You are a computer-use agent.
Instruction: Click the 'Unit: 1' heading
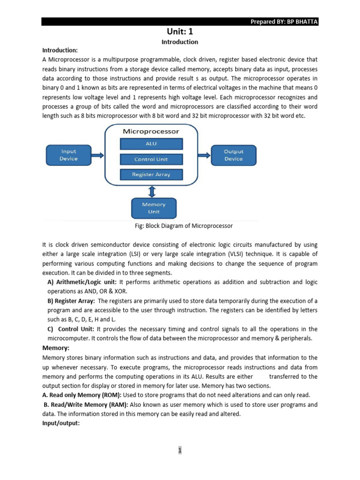180,31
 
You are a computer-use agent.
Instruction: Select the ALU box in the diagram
151,144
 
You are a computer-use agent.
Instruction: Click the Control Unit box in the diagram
151,159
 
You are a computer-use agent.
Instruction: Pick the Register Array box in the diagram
151,174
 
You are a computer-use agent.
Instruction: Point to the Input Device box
68,155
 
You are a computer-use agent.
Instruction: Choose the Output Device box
233,155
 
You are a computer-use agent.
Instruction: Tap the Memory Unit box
154,208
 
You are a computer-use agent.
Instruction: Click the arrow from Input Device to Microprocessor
98,155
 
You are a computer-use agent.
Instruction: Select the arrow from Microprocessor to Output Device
203,155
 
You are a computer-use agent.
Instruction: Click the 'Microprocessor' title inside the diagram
151,132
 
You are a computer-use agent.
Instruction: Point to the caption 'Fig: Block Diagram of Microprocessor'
183,226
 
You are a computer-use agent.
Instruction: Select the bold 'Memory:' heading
56,348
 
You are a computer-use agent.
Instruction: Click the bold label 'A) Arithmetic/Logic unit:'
83,282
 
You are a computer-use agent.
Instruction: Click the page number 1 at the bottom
180,451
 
